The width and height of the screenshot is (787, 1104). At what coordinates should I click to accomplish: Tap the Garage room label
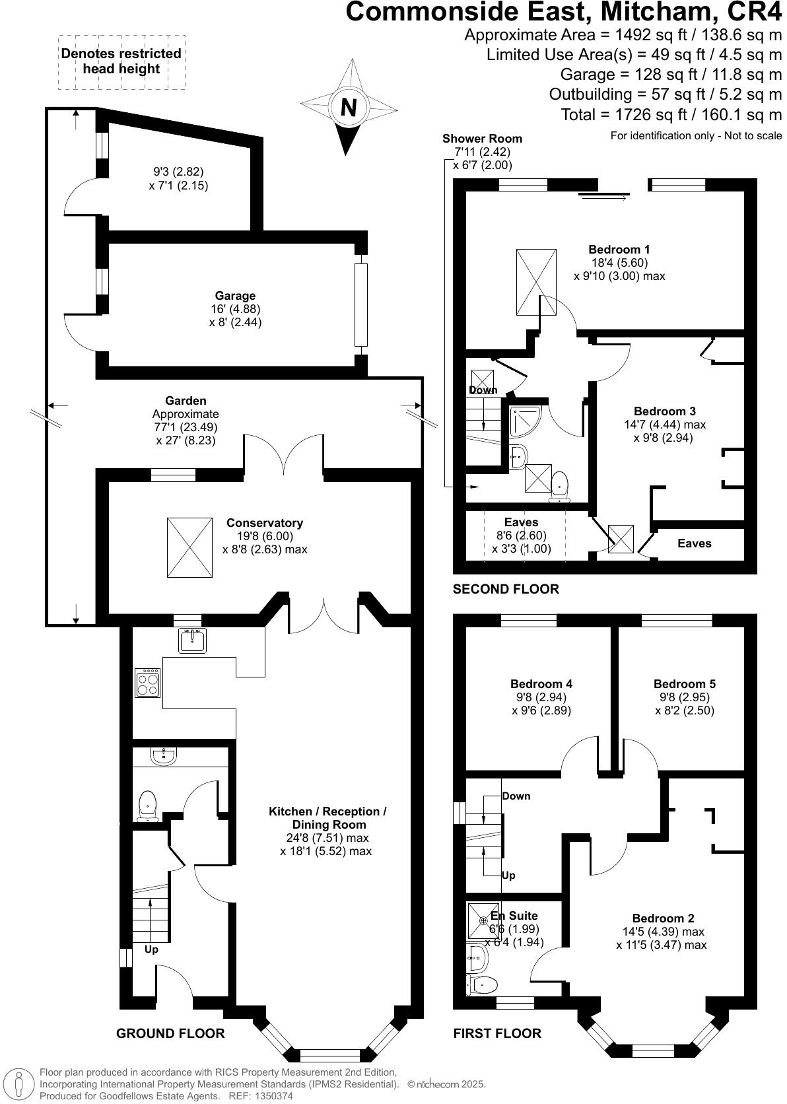coord(234,296)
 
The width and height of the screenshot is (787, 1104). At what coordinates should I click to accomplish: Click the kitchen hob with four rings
coord(148,683)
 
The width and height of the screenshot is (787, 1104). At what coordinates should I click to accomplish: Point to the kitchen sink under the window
coord(192,640)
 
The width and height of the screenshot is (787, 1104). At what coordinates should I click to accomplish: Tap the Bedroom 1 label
coord(619,250)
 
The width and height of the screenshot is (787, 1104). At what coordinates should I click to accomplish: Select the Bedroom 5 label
coord(684,684)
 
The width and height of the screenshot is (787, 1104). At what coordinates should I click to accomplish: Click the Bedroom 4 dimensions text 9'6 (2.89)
coord(541,710)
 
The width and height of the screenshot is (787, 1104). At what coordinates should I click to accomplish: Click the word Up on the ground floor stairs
coord(151,949)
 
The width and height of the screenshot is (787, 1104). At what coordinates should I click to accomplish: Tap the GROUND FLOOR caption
coord(170,1033)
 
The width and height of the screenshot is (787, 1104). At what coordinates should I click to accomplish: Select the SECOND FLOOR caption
coord(505,589)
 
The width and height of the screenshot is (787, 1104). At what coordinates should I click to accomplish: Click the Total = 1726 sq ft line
coord(671,115)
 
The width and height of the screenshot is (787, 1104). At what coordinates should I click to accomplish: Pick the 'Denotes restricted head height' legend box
coord(121,61)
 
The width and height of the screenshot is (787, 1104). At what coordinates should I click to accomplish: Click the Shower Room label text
coord(482,139)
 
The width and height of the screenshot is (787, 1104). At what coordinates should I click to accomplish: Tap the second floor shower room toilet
coord(560,484)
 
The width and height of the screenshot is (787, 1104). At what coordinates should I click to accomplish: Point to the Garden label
coord(186,401)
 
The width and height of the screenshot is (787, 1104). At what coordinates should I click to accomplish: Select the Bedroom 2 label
coord(663,918)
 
